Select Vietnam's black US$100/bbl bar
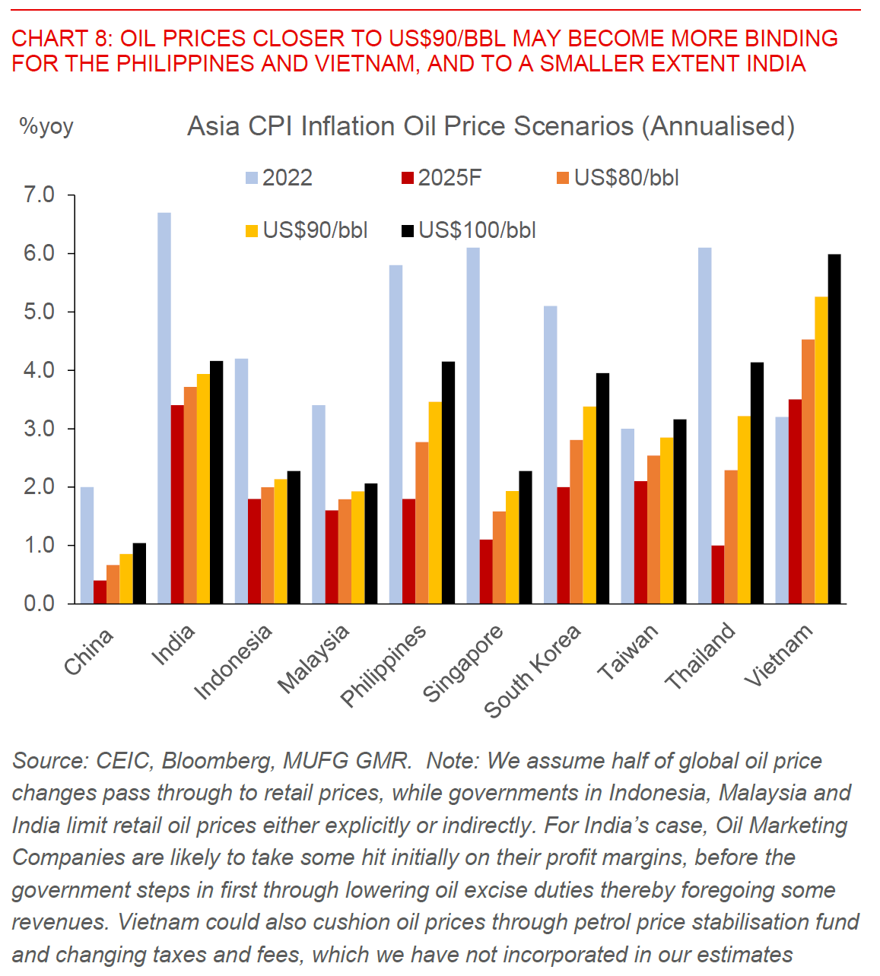pos(834,429)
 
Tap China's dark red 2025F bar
pos(100,592)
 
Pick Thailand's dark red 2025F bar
pos(718,575)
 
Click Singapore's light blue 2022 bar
pos(473,426)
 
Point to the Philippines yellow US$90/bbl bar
pos(435,502)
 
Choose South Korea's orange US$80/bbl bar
pos(577,521)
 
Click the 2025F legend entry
pos(441,178)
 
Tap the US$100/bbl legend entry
pos(469,230)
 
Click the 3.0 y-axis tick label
pos(40,429)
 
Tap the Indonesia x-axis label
pos(233,661)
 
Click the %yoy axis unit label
pos(46,126)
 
